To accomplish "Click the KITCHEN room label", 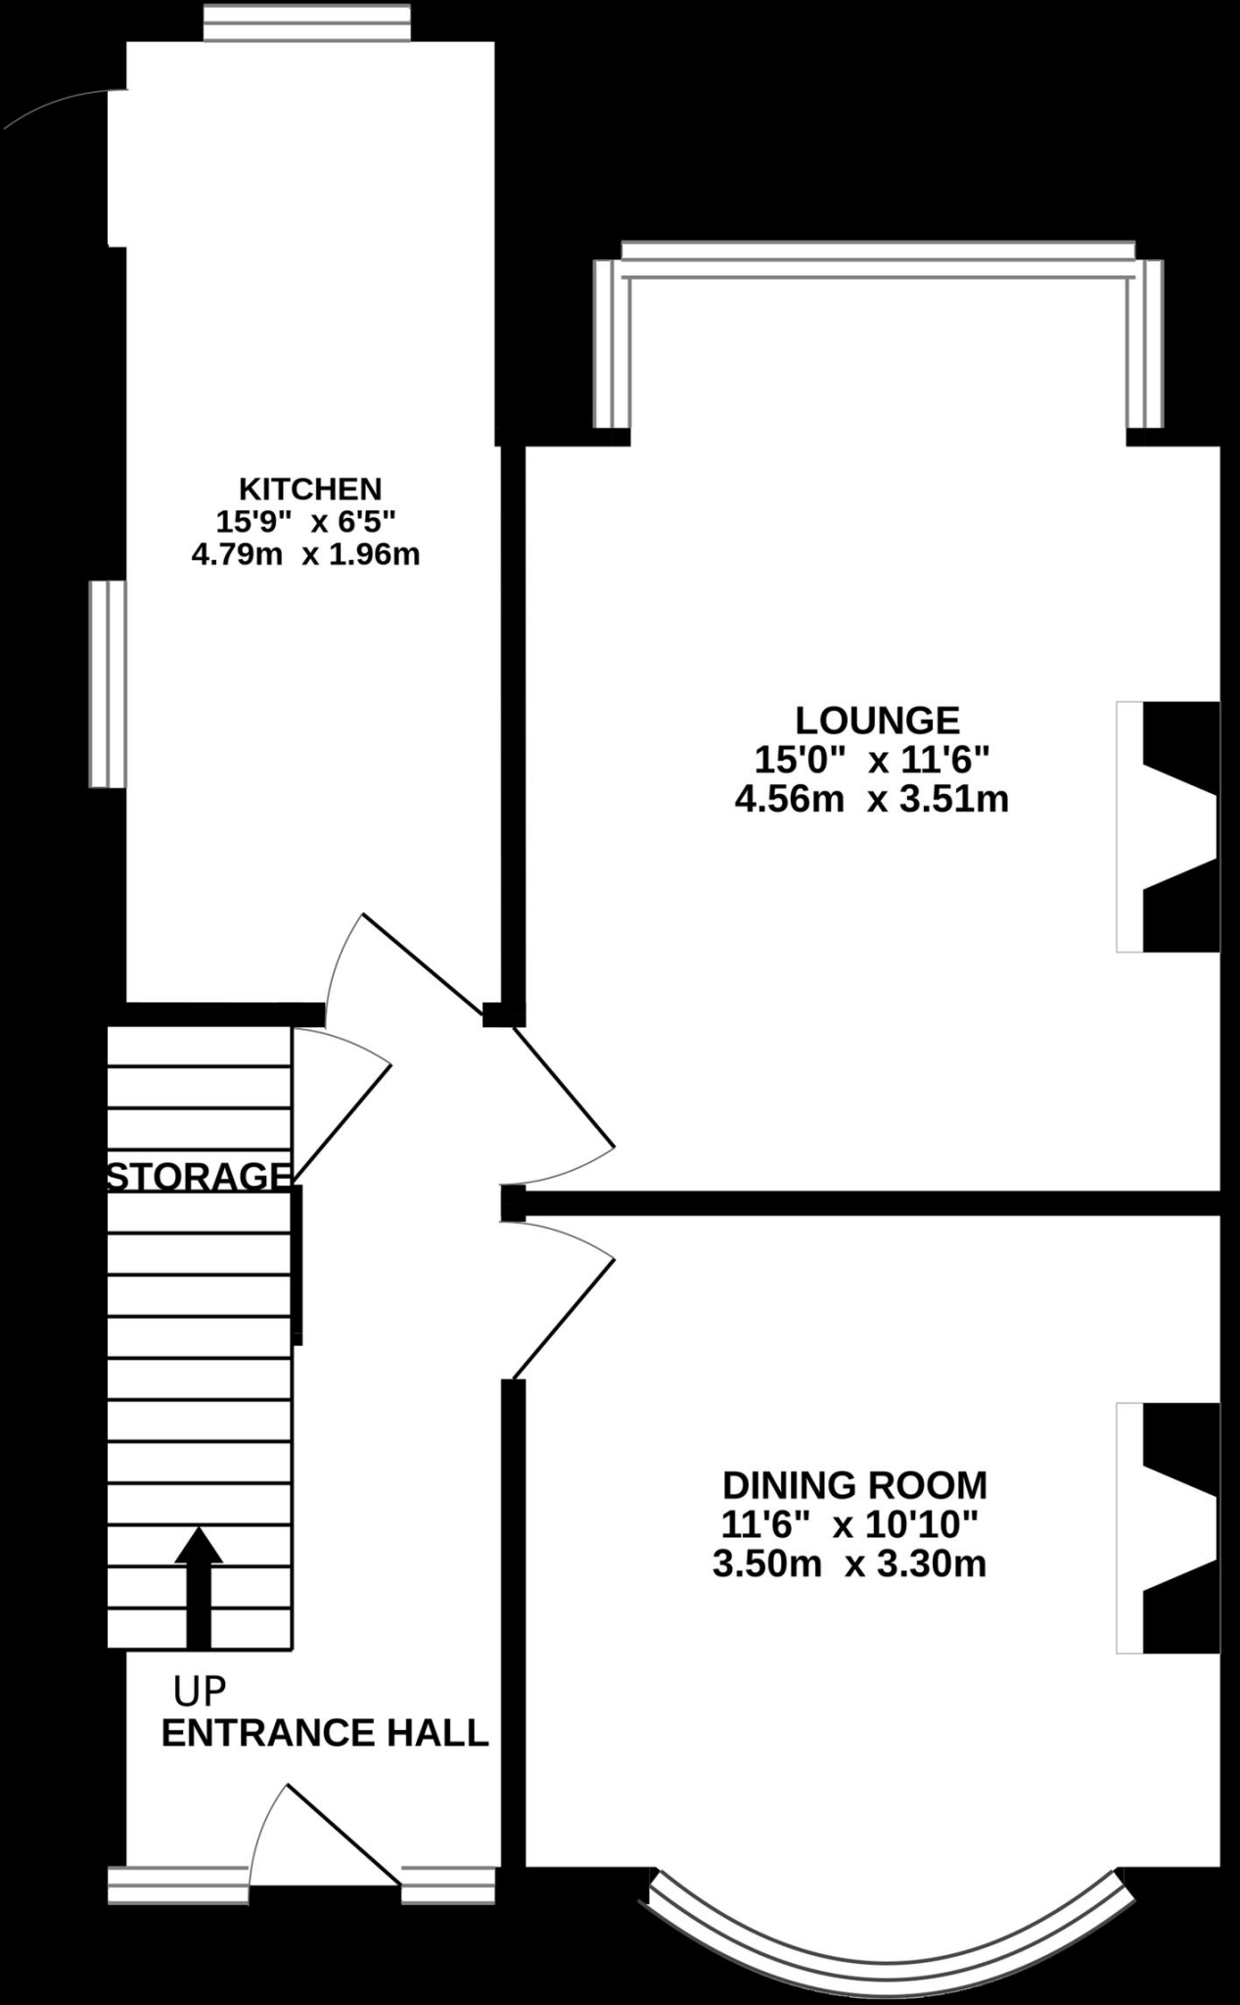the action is (310, 488).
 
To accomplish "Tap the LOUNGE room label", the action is (877, 721).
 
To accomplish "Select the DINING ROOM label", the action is (854, 1485).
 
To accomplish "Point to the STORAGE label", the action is (199, 1176).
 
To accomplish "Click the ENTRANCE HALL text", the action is (325, 1733).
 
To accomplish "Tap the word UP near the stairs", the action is (200, 1689).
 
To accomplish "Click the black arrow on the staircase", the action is (199, 1586).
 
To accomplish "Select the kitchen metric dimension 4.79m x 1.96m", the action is (306, 555).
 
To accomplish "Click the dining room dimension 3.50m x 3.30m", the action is (850, 1563).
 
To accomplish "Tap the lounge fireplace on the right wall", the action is (1169, 826).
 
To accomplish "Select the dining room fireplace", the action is (1169, 1528).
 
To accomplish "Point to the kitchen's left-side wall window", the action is (108, 683).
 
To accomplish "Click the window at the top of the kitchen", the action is (306, 22).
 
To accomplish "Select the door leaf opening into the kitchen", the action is (423, 963).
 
